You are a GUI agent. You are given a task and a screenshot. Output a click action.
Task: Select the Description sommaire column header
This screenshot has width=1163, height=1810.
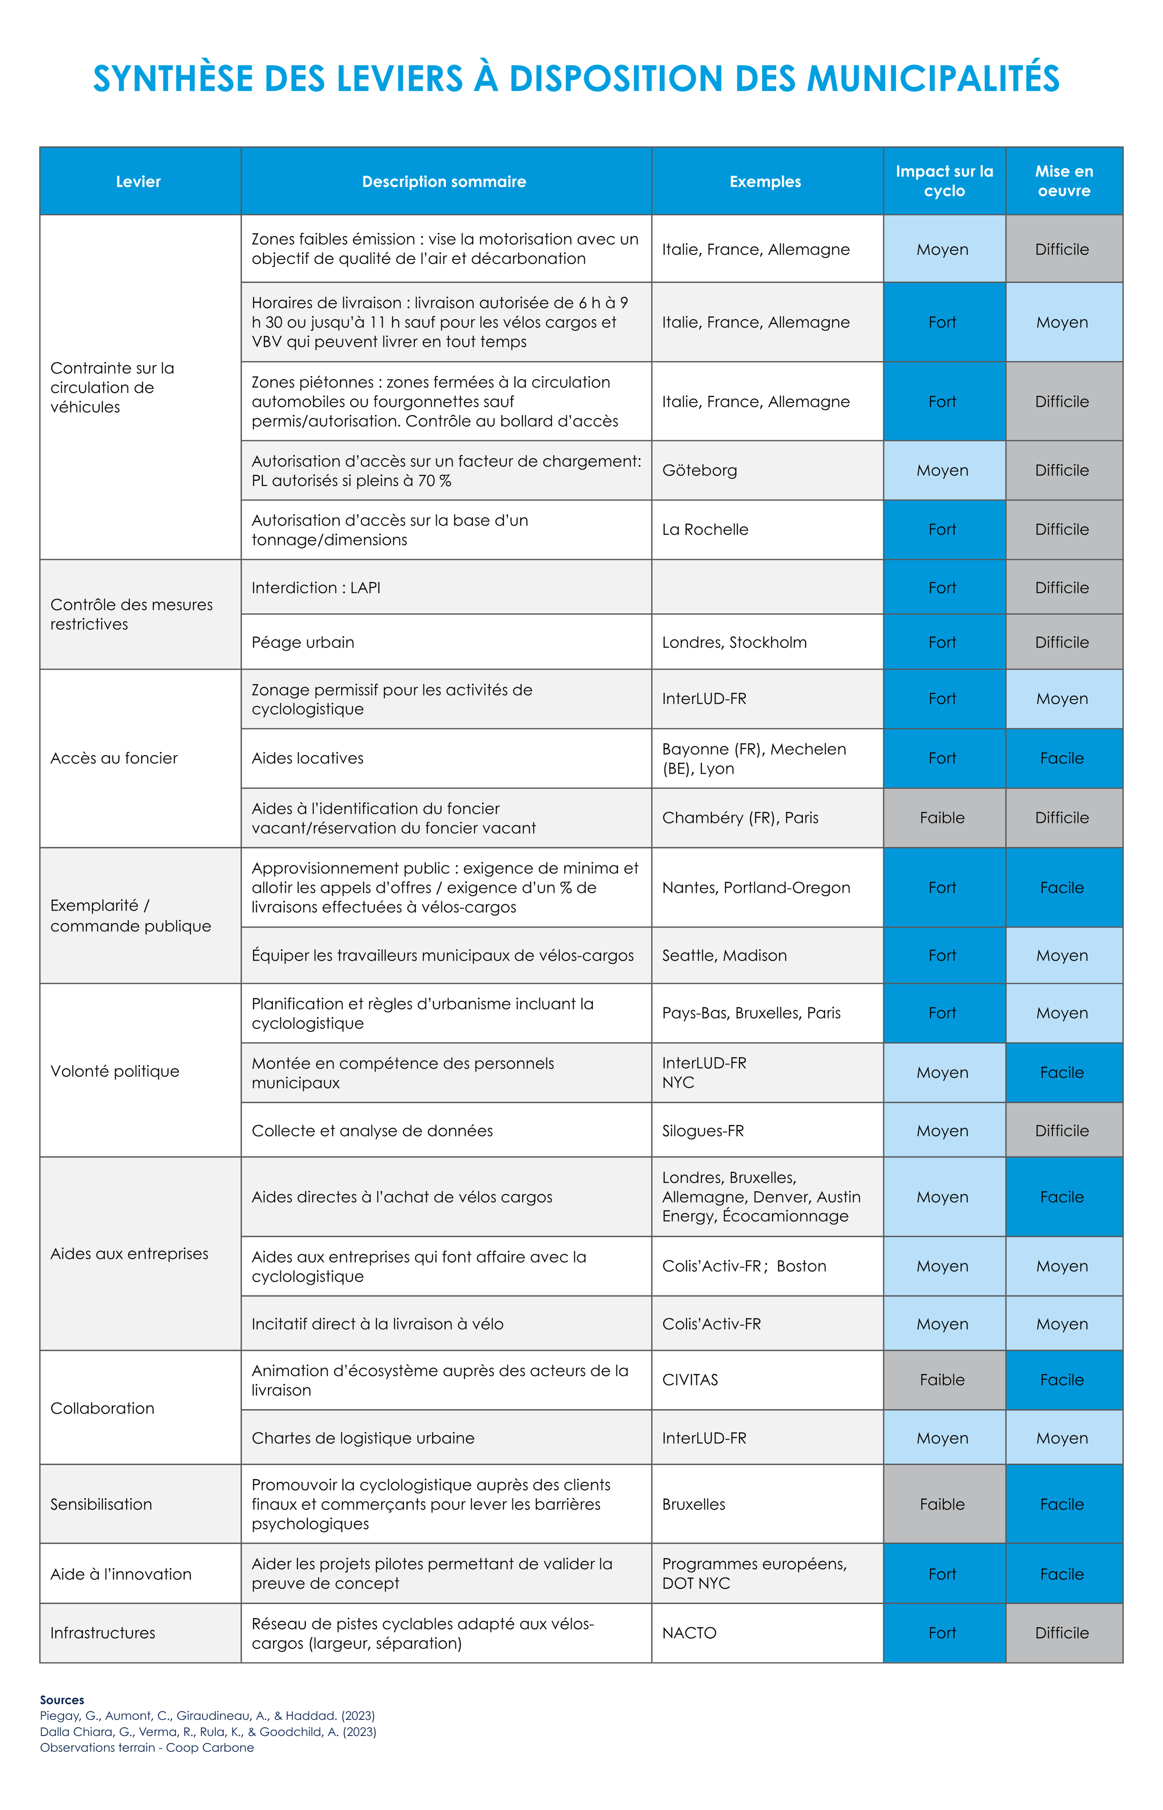(x=444, y=181)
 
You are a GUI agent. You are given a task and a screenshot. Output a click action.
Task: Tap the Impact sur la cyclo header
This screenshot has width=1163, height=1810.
(x=944, y=181)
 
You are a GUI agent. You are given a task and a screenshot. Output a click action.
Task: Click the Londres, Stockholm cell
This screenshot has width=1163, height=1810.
(x=734, y=642)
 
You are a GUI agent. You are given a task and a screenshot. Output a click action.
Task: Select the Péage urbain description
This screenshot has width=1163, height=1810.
(x=303, y=642)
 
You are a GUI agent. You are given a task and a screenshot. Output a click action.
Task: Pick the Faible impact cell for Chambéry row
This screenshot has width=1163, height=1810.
(x=943, y=817)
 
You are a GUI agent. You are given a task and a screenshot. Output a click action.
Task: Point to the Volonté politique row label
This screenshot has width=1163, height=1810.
(x=115, y=1071)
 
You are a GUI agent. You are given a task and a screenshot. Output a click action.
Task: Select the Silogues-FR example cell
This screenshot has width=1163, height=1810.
(x=703, y=1131)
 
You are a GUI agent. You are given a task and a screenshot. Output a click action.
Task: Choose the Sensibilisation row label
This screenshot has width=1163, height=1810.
(x=101, y=1504)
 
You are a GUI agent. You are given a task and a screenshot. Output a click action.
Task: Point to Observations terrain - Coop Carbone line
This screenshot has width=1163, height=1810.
(x=147, y=1747)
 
